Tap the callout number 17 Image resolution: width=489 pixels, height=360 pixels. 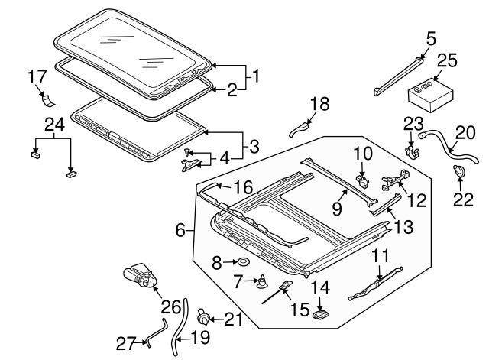click(x=37, y=77)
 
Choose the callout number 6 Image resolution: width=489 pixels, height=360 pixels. click(x=180, y=230)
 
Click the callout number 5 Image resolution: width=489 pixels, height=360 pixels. click(x=431, y=37)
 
